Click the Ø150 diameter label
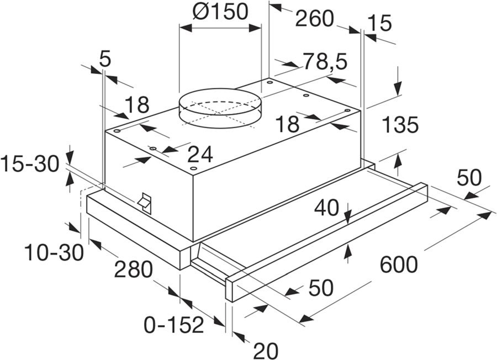[x=220, y=12]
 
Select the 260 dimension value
[x=314, y=19]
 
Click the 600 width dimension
[x=398, y=266]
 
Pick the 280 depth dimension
[x=133, y=270]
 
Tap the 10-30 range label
[x=54, y=253]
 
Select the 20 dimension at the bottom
[x=265, y=350]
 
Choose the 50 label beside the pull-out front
[x=320, y=288]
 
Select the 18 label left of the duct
[x=137, y=104]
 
